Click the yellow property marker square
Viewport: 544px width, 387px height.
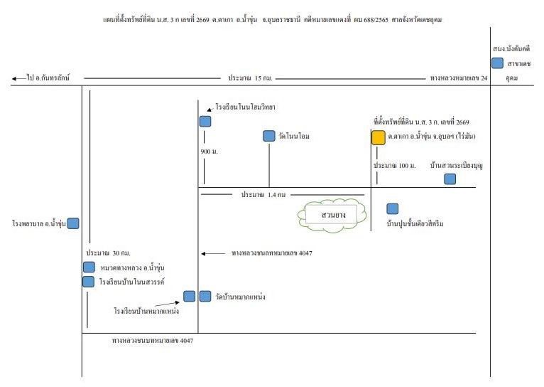pyautogui.click(x=378, y=137)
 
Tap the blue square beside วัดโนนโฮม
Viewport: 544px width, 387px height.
pyautogui.click(x=269, y=136)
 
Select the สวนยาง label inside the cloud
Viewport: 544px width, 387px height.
pyautogui.click(x=333, y=215)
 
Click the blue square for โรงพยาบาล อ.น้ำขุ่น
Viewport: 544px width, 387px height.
pyautogui.click(x=73, y=223)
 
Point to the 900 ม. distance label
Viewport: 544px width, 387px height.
pyautogui.click(x=210, y=152)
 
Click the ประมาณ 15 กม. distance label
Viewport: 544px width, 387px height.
pyautogui.click(x=250, y=78)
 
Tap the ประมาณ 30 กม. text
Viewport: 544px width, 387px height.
pyautogui.click(x=108, y=253)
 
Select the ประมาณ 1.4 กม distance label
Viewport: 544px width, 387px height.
pyautogui.click(x=263, y=194)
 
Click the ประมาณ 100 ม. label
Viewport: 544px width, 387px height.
pyautogui.click(x=394, y=166)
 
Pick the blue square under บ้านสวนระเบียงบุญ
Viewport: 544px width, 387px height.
pyautogui.click(x=450, y=179)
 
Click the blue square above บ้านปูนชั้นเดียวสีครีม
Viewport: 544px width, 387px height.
pyautogui.click(x=393, y=208)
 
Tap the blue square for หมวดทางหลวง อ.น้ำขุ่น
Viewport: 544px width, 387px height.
pyautogui.click(x=89, y=267)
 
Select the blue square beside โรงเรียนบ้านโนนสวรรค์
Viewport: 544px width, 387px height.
pyautogui.click(x=89, y=282)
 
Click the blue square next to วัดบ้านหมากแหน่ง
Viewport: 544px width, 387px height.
pyautogui.click(x=205, y=297)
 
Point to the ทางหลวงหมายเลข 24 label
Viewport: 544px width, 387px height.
pyautogui.click(x=459, y=78)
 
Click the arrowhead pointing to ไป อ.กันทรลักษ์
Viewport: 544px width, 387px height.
pyautogui.click(x=14, y=79)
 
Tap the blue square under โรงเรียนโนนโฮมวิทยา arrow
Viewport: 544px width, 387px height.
pyautogui.click(x=205, y=122)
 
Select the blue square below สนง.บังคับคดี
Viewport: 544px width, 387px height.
pyautogui.click(x=498, y=63)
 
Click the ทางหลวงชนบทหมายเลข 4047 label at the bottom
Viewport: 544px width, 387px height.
pyautogui.click(x=153, y=341)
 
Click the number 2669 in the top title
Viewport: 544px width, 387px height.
pyautogui.click(x=202, y=20)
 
